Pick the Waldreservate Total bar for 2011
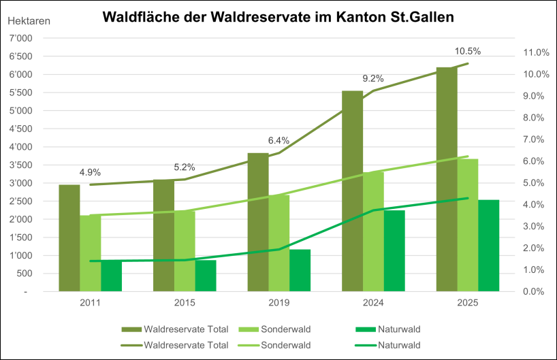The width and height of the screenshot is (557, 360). (x=69, y=238)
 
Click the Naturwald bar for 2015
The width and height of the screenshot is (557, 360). (x=206, y=276)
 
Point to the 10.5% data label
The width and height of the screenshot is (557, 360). (x=468, y=51)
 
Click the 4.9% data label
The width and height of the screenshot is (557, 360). (x=90, y=172)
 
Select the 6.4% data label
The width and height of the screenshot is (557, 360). (x=278, y=140)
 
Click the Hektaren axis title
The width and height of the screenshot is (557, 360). (x=29, y=20)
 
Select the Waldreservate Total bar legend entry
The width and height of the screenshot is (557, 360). (x=176, y=330)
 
